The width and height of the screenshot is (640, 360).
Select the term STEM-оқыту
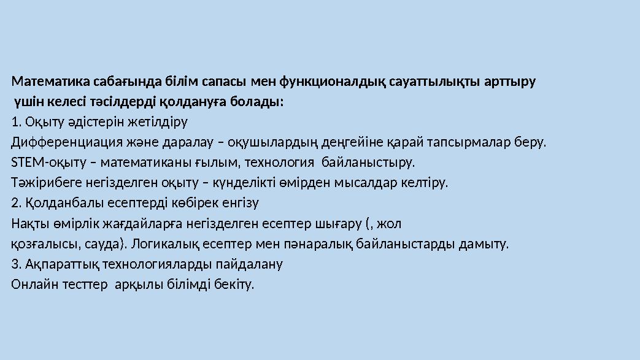[42, 163]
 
